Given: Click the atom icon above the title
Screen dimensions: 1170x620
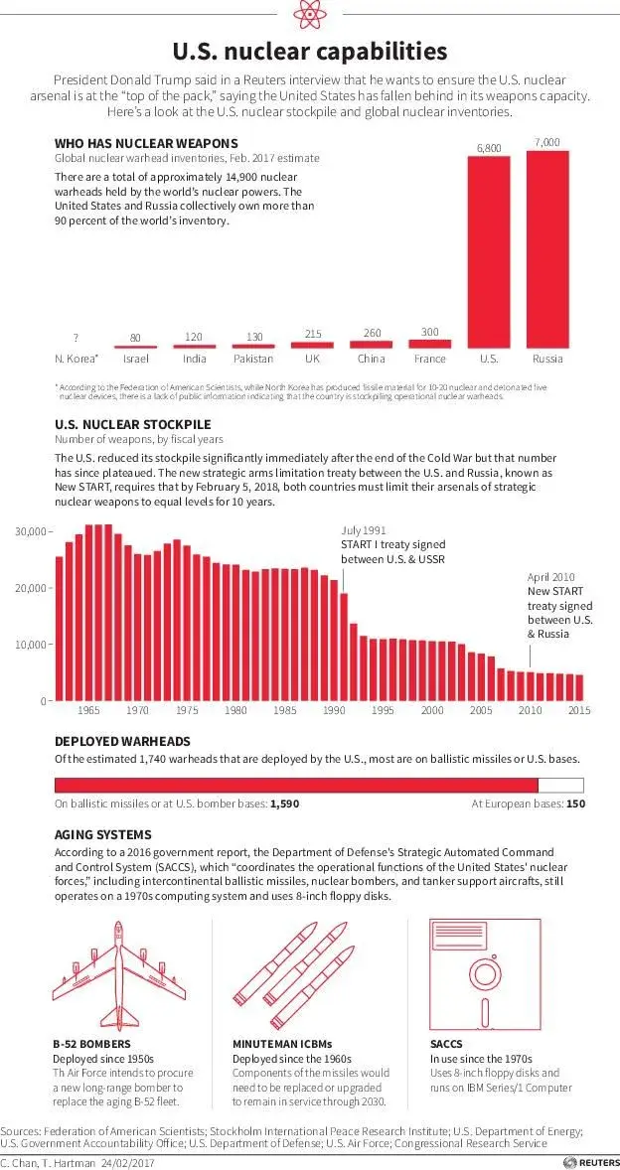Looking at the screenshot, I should pyautogui.click(x=309, y=15).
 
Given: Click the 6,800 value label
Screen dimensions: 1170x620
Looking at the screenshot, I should pyautogui.click(x=488, y=147).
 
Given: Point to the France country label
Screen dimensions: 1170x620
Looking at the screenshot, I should pyautogui.click(x=429, y=359).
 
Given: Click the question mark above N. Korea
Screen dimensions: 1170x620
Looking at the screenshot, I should pyautogui.click(x=76, y=338).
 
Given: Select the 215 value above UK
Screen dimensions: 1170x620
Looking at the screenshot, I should pyautogui.click(x=312, y=335).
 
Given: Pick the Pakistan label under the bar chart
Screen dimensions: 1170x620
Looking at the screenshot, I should pyautogui.click(x=253, y=359).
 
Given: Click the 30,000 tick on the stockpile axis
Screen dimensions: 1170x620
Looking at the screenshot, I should pyautogui.click(x=33, y=531).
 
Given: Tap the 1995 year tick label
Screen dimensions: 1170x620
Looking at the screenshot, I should pyautogui.click(x=384, y=711).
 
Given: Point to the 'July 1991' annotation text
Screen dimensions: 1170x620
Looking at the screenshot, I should pyautogui.click(x=364, y=531).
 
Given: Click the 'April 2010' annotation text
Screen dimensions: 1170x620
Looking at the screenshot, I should pyautogui.click(x=550, y=577).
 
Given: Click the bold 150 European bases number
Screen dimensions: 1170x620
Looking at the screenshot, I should pyautogui.click(x=575, y=804).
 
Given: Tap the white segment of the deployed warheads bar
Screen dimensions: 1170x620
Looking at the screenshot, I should pyautogui.click(x=560, y=783).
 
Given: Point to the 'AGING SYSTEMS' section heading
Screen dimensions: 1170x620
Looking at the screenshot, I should pyautogui.click(x=103, y=834).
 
